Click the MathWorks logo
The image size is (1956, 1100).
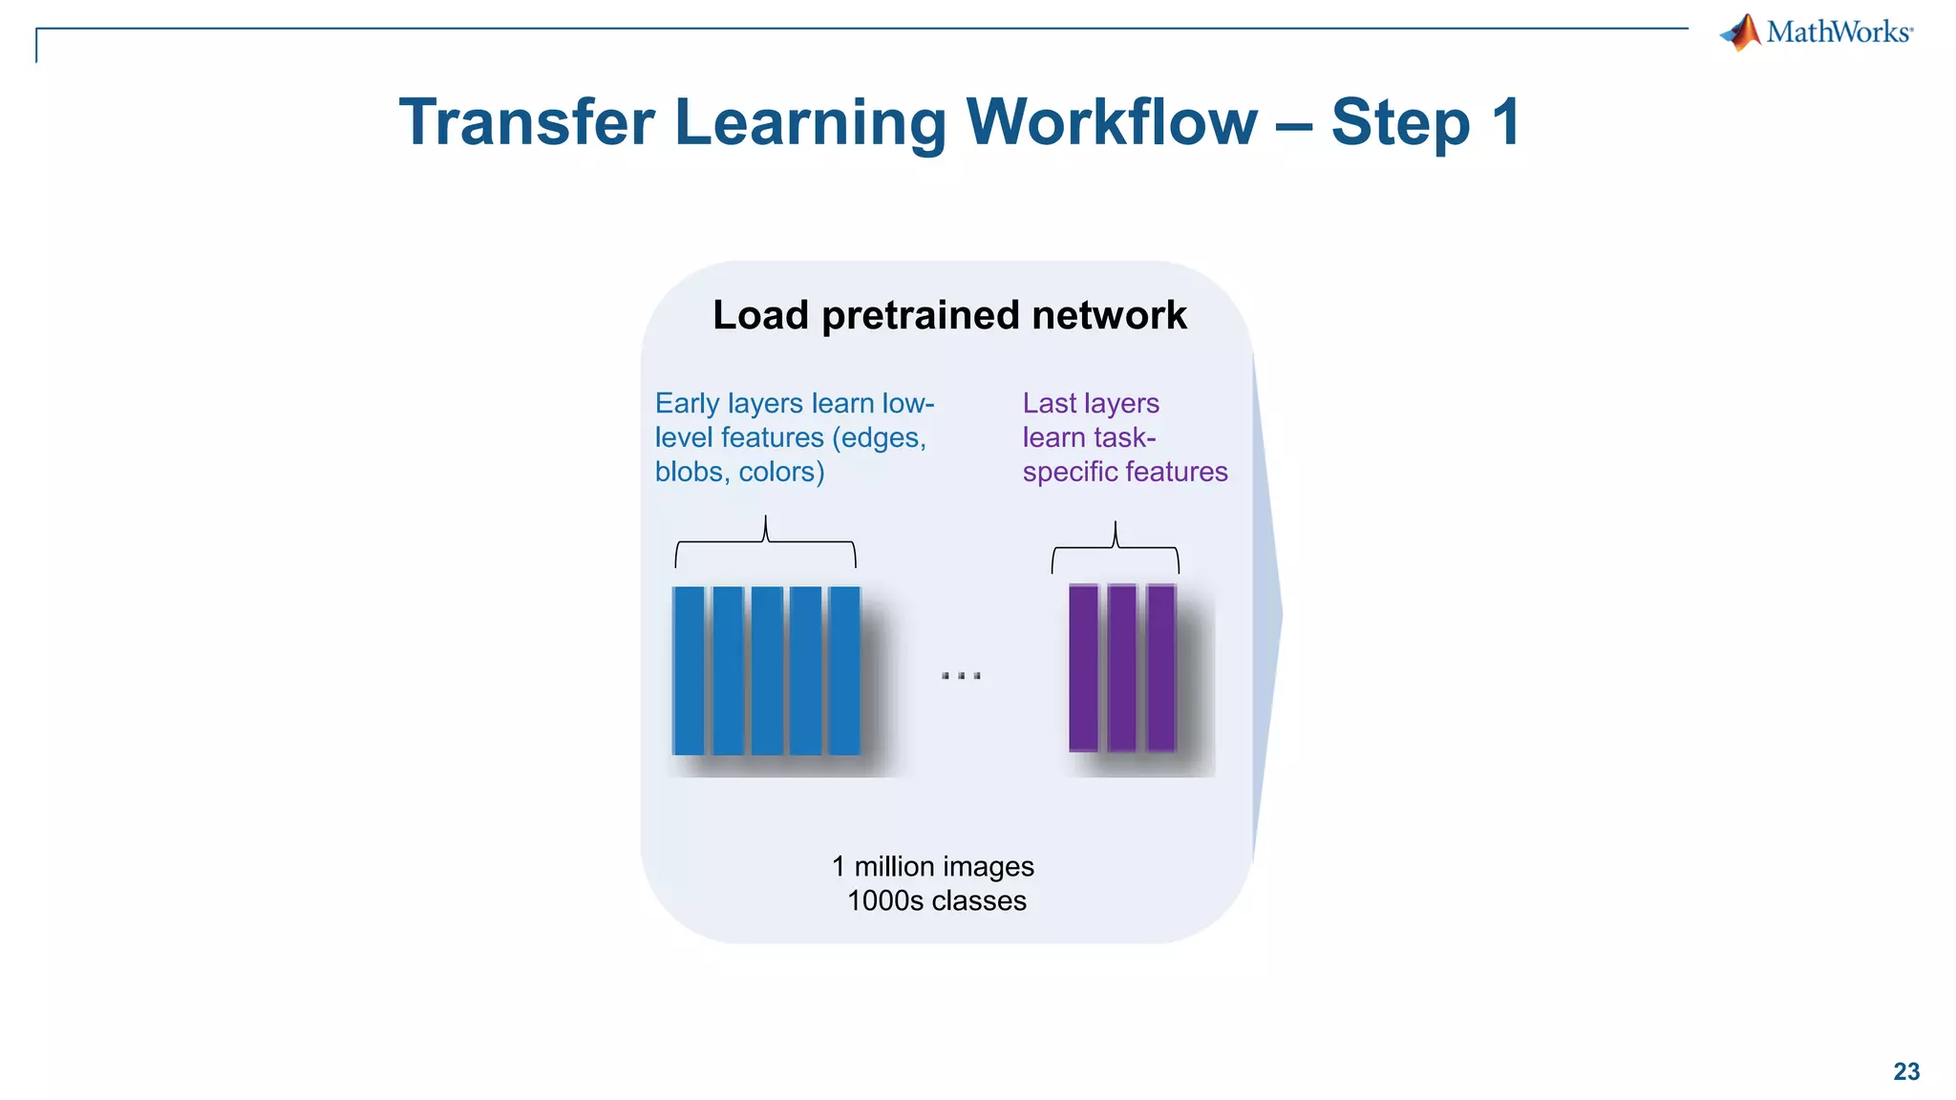coord(1816,32)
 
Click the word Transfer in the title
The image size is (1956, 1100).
coord(526,122)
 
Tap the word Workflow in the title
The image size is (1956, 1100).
coord(1112,122)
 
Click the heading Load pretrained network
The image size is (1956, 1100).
coord(949,315)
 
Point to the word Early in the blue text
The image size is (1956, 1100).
coord(687,403)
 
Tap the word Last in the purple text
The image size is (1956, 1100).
coord(1049,403)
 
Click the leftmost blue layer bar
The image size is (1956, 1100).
coord(689,670)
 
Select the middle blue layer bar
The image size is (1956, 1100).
coord(767,670)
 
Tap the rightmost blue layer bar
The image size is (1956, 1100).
coord(844,670)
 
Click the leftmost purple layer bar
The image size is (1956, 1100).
coord(1083,668)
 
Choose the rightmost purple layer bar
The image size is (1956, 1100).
coord(1160,668)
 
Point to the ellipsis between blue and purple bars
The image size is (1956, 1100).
coord(961,676)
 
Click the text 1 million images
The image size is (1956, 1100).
coord(933,866)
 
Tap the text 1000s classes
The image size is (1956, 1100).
coord(937,900)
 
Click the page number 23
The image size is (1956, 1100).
coord(1906,1071)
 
